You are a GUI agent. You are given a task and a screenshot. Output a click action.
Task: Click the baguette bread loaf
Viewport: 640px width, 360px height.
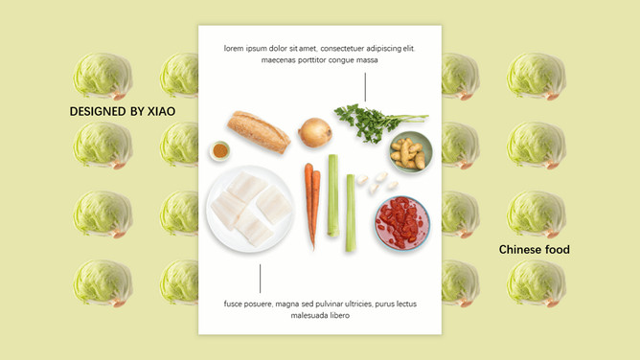pyautogui.click(x=259, y=132)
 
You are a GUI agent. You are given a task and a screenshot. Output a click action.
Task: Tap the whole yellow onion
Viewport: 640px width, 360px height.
pyautogui.click(x=314, y=132)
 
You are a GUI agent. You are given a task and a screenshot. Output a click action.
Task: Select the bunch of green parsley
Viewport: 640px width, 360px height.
pyautogui.click(x=378, y=123)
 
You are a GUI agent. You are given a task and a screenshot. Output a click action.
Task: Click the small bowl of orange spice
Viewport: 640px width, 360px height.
pyautogui.click(x=220, y=150)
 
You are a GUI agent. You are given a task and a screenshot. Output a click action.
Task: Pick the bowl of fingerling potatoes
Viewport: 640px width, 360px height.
pyautogui.click(x=410, y=152)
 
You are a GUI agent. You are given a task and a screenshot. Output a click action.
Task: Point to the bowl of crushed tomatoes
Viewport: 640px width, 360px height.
pyautogui.click(x=402, y=223)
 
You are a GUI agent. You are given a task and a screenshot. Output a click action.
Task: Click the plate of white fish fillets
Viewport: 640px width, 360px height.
pyautogui.click(x=250, y=209)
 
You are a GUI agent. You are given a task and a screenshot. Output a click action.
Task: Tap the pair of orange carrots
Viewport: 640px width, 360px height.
pyautogui.click(x=312, y=205)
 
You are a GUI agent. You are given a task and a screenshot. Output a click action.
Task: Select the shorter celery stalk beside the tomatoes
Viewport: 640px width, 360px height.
pyautogui.click(x=351, y=213)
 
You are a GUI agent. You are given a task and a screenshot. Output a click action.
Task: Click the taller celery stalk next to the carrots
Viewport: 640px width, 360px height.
pyautogui.click(x=333, y=195)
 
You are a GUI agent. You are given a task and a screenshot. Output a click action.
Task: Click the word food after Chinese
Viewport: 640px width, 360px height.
pyautogui.click(x=558, y=250)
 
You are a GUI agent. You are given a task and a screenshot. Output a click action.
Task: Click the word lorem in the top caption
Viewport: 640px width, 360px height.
pyautogui.click(x=234, y=49)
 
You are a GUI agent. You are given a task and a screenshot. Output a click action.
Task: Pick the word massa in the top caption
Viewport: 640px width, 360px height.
pyautogui.click(x=367, y=60)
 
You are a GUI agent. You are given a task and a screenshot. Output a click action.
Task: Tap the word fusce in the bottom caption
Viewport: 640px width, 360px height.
pyautogui.click(x=233, y=304)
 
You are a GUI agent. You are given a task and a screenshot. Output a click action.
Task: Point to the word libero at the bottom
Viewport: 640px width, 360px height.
pyautogui.click(x=339, y=315)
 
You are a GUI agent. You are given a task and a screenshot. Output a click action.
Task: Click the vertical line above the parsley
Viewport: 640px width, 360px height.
pyautogui.click(x=365, y=87)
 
